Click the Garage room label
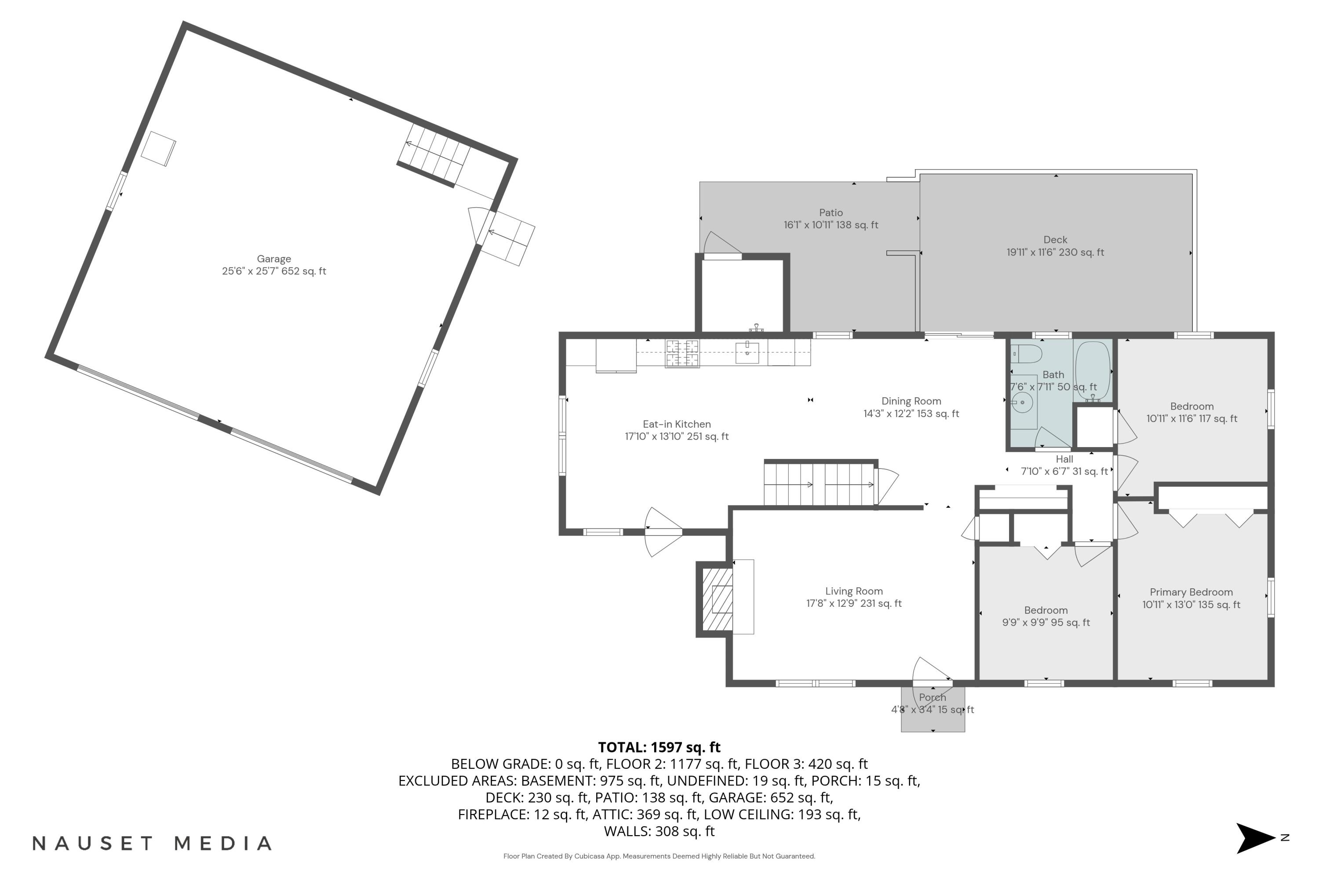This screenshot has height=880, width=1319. point(273,259)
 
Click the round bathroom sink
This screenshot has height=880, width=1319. point(1022,403)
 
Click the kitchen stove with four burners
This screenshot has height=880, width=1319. point(682,354)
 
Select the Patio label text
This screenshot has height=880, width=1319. point(831,213)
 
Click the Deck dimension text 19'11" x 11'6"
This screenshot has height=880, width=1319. point(1054,253)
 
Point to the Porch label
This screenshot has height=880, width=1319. point(933,697)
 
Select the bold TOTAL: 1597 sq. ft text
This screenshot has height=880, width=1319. point(659,748)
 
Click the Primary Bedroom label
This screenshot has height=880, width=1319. point(1191,592)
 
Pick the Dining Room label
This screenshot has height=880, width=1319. point(911,401)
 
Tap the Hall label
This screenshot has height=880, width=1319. point(1064,459)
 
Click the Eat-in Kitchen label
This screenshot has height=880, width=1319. point(676,424)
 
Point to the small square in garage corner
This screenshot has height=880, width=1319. point(158,149)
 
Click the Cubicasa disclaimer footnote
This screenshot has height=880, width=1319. point(659,856)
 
